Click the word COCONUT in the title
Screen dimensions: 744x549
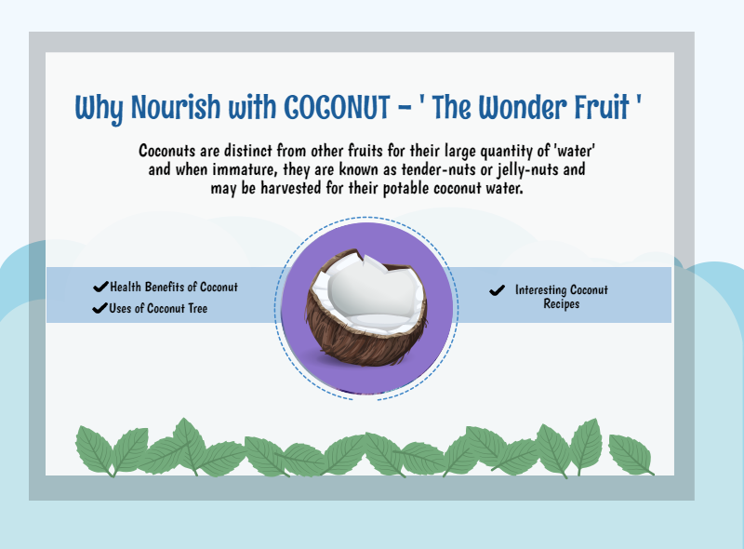337,107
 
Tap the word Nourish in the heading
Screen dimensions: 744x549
176,107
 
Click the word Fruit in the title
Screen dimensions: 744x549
602,107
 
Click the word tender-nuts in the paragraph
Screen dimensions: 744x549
439,169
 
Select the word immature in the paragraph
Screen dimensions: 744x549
245,169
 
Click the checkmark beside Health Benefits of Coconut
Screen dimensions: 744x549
100,287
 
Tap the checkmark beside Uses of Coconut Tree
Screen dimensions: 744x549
100,308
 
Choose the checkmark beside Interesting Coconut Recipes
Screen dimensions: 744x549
497,290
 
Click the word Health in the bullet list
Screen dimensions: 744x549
126,287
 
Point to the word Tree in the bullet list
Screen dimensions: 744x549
198,309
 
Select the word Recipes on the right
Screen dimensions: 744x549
562,304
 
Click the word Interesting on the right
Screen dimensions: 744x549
541,290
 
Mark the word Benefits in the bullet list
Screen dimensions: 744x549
165,287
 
